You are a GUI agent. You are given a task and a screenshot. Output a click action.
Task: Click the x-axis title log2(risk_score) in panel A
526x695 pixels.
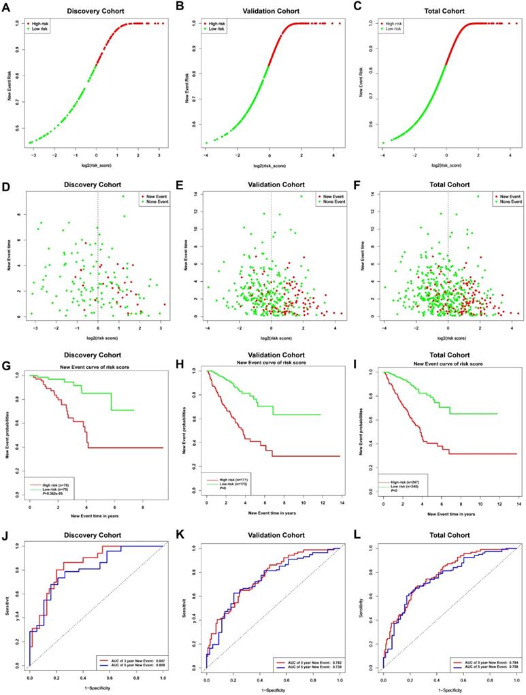pos(96,165)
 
